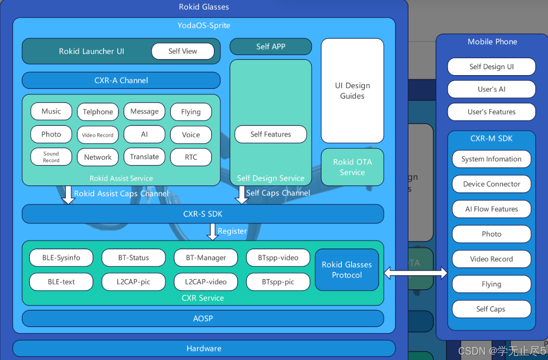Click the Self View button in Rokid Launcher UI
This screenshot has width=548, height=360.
pyautogui.click(x=183, y=51)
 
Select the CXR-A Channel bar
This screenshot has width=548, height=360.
pyautogui.click(x=121, y=80)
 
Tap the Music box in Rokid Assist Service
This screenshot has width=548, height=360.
pyautogui.click(x=51, y=111)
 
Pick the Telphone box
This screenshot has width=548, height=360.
pyautogui.click(x=98, y=112)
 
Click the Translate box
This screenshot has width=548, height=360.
pyautogui.click(x=144, y=157)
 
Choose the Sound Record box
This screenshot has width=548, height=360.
pyautogui.click(x=51, y=157)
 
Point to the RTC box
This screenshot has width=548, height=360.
pyautogui.click(x=191, y=157)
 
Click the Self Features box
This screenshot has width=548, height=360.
pyautogui.click(x=271, y=134)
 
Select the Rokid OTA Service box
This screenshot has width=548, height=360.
pyautogui.click(x=352, y=167)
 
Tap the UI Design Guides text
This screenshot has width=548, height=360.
pyautogui.click(x=352, y=91)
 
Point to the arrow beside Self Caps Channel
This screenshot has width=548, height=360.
pyautogui.click(x=241, y=195)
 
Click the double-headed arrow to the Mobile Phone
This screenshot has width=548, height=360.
pyautogui.click(x=416, y=272)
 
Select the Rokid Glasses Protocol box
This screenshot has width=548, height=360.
pyautogui.click(x=347, y=270)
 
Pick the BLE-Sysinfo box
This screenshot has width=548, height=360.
pyautogui.click(x=61, y=258)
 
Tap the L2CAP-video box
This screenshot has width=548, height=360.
pyautogui.click(x=206, y=282)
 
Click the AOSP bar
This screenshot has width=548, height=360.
pyautogui.click(x=203, y=319)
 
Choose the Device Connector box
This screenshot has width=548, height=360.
pyautogui.click(x=492, y=184)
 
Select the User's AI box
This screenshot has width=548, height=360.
pyautogui.click(x=492, y=89)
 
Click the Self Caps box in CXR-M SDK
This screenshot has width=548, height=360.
pyautogui.click(x=492, y=309)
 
